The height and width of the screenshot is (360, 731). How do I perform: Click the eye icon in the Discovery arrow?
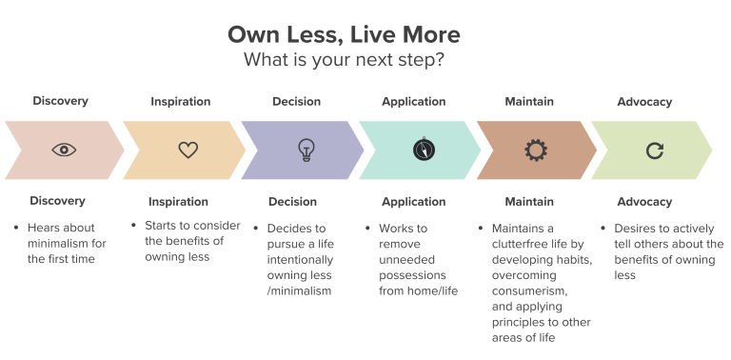pyautogui.click(x=64, y=150)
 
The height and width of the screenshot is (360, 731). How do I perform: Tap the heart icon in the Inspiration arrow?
pyautogui.click(x=188, y=150)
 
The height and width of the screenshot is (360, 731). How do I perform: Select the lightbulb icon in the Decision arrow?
pyautogui.click(x=306, y=149)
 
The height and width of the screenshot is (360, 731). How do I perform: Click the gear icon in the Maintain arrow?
pyautogui.click(x=536, y=150)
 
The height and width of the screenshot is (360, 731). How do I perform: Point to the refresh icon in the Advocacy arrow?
pyautogui.click(x=654, y=150)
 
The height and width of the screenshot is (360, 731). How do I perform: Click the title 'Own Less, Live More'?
pyautogui.click(x=344, y=35)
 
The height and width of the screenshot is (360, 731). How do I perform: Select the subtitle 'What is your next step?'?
pyautogui.click(x=344, y=59)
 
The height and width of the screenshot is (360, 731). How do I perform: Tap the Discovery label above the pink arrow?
pyautogui.click(x=60, y=101)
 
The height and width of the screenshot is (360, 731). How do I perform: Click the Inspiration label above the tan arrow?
pyautogui.click(x=180, y=101)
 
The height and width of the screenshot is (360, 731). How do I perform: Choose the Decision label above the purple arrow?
pyautogui.click(x=296, y=101)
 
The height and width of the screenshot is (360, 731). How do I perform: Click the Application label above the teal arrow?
pyautogui.click(x=413, y=101)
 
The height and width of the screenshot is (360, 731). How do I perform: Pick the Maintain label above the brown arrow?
pyautogui.click(x=529, y=101)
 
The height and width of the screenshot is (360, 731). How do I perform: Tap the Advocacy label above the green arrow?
pyautogui.click(x=644, y=101)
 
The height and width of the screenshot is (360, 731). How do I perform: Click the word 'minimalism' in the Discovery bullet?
pyautogui.click(x=58, y=244)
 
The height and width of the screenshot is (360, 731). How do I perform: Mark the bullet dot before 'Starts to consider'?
pyautogui.click(x=135, y=227)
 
